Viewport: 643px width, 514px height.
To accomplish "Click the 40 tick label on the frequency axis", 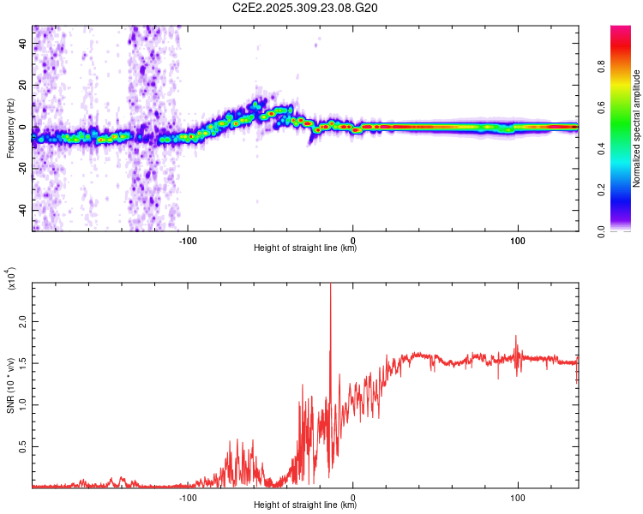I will click(x=24, y=45).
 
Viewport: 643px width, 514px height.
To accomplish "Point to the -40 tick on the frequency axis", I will click(x=22, y=210).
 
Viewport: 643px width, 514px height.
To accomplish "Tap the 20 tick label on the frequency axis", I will click(x=24, y=86).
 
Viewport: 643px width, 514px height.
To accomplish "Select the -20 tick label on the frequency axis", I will click(x=22, y=169).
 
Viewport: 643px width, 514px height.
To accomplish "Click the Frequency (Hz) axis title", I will click(x=10, y=128).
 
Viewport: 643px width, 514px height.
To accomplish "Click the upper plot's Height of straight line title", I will click(x=305, y=248).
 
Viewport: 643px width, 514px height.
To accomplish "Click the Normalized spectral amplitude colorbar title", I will click(x=637, y=128).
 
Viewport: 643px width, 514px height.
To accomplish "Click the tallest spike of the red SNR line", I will click(x=330, y=287).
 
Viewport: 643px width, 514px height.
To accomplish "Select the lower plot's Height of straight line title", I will click(x=305, y=505).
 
